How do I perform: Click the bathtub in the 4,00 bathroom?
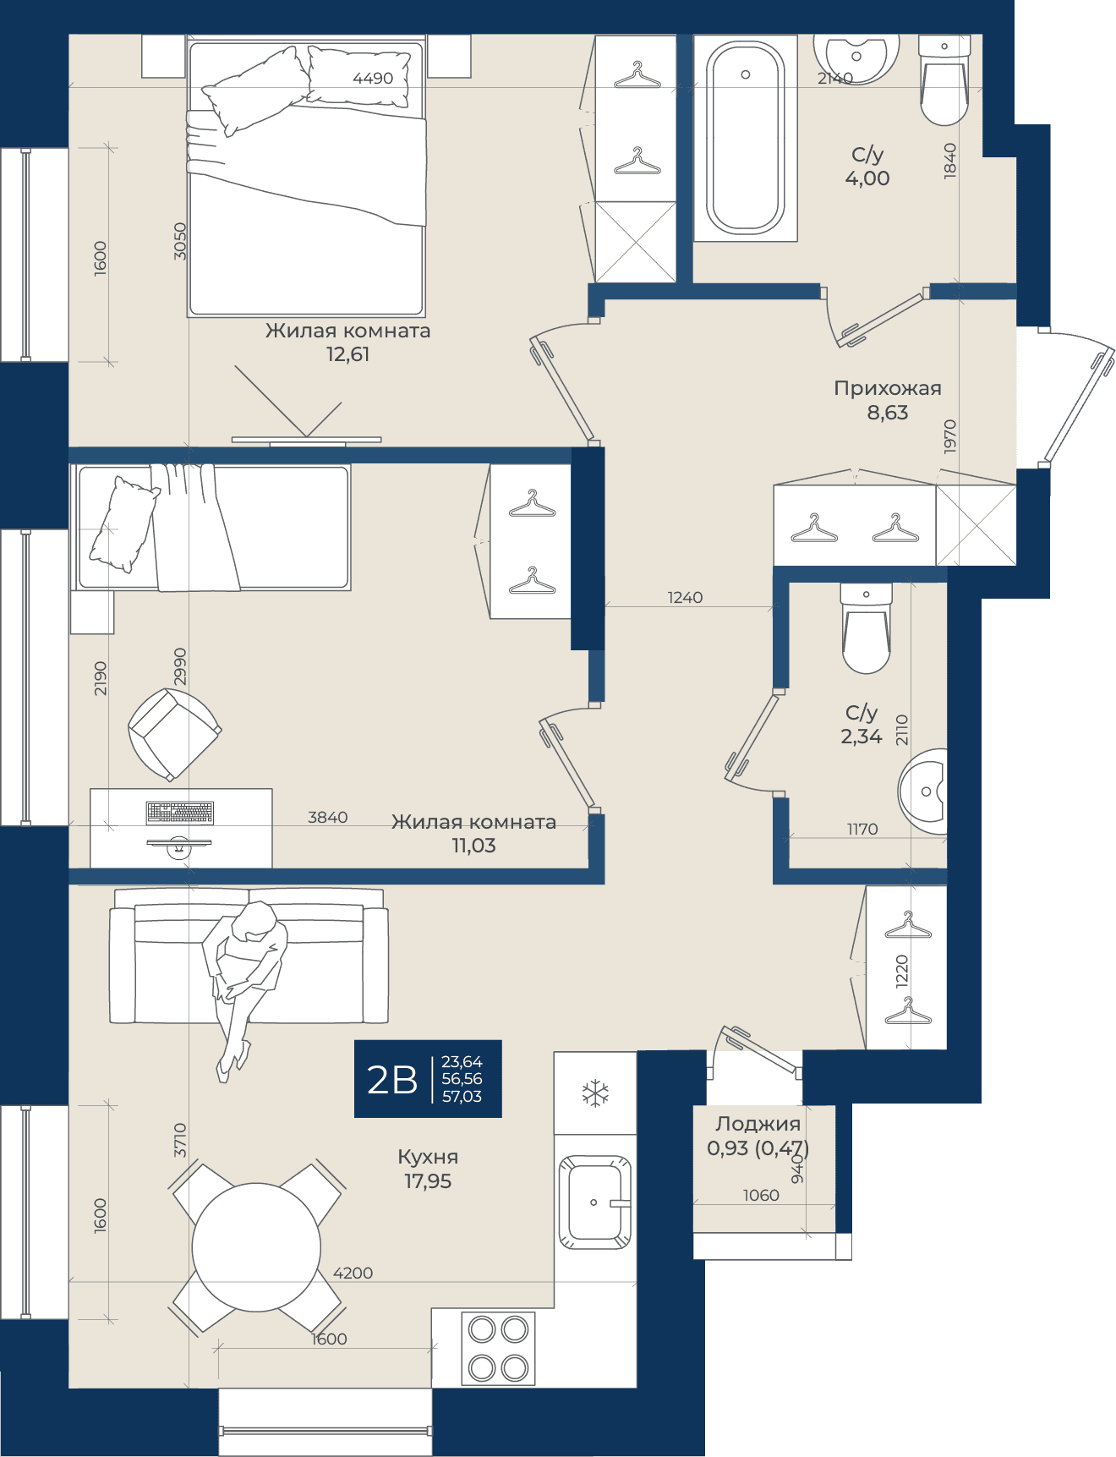(x=745, y=138)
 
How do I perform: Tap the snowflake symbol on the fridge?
(x=595, y=1093)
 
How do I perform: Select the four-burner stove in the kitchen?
(x=498, y=1348)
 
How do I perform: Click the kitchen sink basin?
(x=594, y=1202)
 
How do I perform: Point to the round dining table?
(x=256, y=1247)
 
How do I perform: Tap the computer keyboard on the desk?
(x=179, y=813)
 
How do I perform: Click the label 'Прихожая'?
(x=888, y=388)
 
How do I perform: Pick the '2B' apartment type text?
(x=392, y=1080)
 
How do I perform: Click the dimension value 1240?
(x=685, y=597)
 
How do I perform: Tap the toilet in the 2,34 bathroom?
(x=866, y=627)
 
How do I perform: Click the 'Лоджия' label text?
(x=758, y=1124)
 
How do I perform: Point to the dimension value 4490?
(x=373, y=78)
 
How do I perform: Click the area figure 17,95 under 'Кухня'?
(x=428, y=1181)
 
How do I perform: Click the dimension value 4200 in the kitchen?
(x=353, y=1273)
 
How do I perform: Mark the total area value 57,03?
(x=462, y=1097)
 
